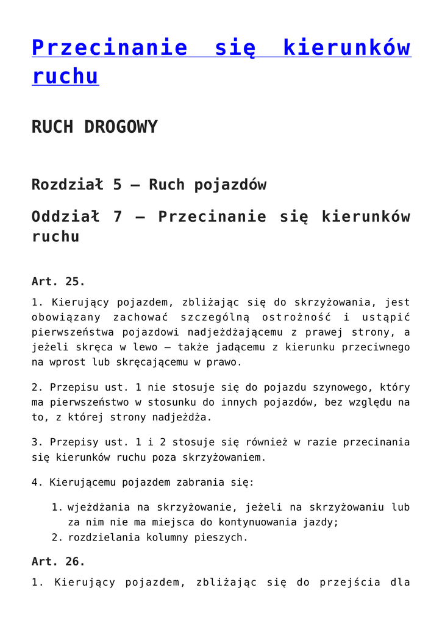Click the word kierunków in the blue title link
(x=347, y=48)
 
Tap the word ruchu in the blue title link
(x=65, y=76)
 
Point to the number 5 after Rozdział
(x=117, y=184)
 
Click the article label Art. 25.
(x=58, y=282)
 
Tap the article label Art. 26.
(x=58, y=561)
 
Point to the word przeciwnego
(x=376, y=347)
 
